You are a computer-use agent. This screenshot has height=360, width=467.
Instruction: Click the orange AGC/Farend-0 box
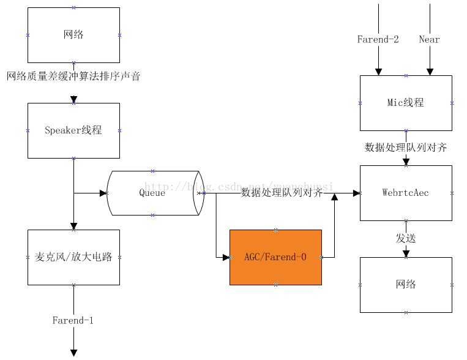275,257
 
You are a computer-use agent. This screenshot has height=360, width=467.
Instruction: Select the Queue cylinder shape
152,193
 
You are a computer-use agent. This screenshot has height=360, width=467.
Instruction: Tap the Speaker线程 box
73,130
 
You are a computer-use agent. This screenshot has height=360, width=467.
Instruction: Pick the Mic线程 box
406,103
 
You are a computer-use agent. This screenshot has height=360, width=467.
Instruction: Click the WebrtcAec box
406,193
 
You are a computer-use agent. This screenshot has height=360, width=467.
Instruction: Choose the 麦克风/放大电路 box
73,257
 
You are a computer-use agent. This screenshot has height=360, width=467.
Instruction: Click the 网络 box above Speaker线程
73,35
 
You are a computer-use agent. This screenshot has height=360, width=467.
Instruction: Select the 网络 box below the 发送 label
406,285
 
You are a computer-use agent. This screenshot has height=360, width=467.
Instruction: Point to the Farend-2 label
378,40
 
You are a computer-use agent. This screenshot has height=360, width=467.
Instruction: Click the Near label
429,40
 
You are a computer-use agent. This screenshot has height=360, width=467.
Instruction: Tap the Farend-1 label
73,320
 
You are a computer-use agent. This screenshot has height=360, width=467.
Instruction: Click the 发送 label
406,239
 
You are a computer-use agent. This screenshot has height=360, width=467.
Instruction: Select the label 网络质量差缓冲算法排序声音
73,77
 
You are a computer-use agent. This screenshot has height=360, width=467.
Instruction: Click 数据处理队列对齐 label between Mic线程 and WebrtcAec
406,148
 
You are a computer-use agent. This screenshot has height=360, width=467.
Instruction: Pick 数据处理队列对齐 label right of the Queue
282,193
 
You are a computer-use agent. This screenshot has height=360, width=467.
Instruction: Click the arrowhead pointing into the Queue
103,193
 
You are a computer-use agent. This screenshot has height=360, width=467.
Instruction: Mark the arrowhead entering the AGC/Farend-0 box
226,257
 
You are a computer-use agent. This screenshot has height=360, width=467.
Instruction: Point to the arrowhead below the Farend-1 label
73,352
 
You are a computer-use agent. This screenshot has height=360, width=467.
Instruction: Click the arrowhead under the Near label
429,72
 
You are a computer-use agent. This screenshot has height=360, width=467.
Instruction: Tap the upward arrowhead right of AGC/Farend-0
334,197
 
